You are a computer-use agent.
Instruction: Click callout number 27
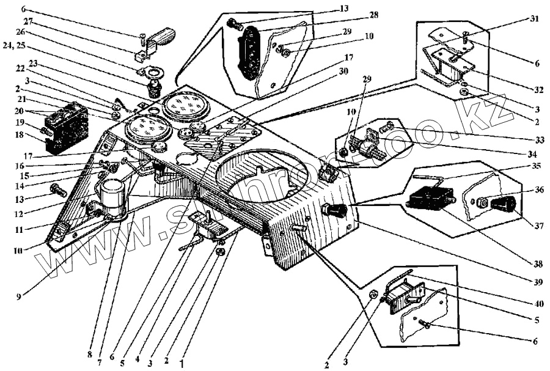tap(29, 21)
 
